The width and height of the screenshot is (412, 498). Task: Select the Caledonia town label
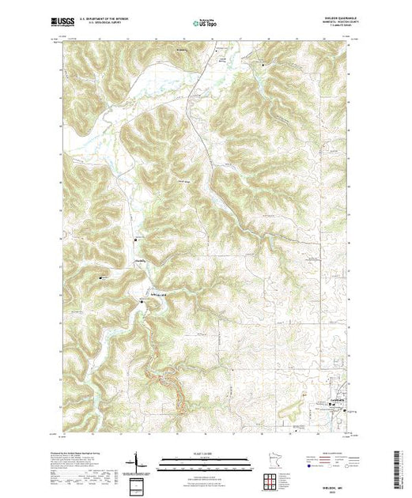tap(336, 400)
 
